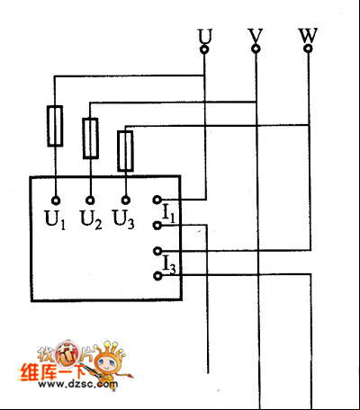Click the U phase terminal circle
point(204,49)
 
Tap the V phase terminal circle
point(256,49)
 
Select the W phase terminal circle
point(308,49)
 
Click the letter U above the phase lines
point(205,36)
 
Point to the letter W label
point(308,35)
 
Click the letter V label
point(255,35)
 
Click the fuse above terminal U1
point(55,126)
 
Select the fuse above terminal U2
point(90,138)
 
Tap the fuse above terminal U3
point(125,151)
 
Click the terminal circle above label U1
point(56,201)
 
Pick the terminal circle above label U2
point(90,201)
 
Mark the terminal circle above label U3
point(126,201)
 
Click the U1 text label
point(55,219)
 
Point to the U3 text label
point(123,218)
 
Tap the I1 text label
point(168,212)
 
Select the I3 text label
point(169,264)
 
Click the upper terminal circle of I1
point(157,200)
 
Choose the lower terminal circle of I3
point(157,276)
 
